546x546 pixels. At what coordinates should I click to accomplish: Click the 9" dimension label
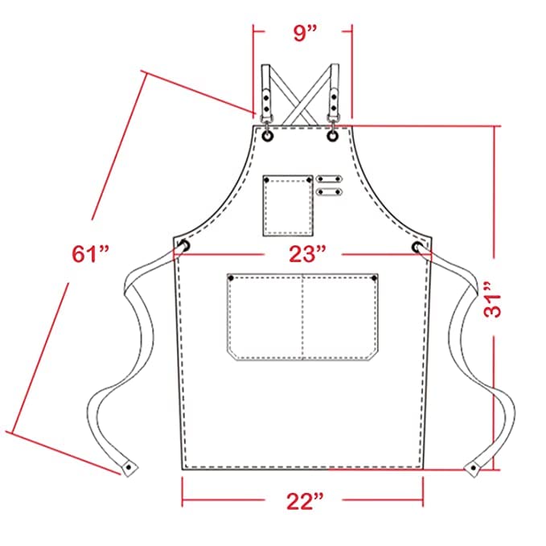(305, 33)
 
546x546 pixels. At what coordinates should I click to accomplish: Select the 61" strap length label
(90, 253)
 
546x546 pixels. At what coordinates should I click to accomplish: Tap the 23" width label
(307, 254)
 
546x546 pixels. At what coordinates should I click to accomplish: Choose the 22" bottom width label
(305, 501)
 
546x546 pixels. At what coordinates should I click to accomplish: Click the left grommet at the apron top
(268, 137)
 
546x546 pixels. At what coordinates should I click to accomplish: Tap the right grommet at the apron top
(333, 136)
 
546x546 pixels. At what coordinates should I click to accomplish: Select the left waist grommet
(184, 245)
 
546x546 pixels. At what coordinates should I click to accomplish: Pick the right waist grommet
(417, 247)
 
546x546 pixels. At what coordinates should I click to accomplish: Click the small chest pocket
(288, 205)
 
